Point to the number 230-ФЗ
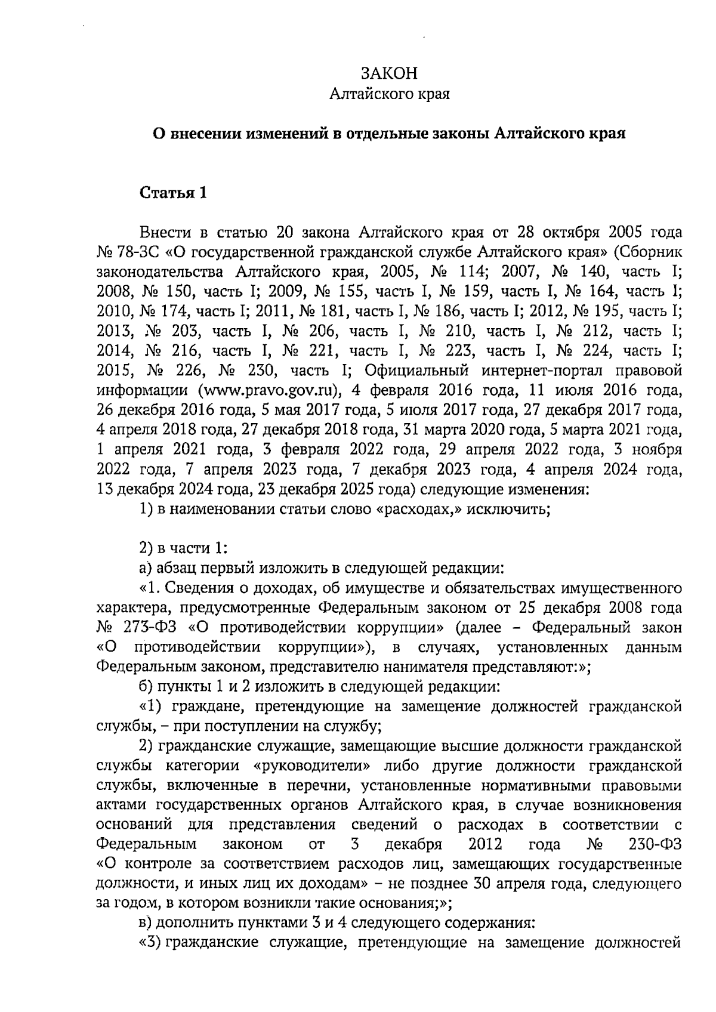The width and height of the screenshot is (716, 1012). click(x=655, y=844)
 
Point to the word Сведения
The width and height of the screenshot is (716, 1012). click(x=200, y=589)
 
